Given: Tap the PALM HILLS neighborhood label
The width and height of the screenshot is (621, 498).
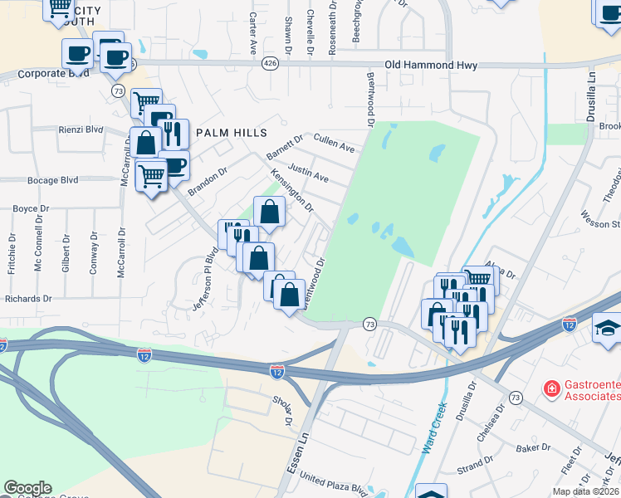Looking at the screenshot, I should (x=231, y=133).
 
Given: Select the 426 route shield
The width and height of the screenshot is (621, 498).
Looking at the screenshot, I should (x=270, y=64).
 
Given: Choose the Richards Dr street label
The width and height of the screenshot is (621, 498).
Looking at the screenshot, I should (x=28, y=299).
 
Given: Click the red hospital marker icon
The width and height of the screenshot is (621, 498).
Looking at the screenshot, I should (x=550, y=388).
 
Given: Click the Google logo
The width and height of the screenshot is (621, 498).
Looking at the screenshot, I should (x=27, y=488).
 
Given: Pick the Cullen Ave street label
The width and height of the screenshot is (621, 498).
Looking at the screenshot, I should (x=334, y=143).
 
